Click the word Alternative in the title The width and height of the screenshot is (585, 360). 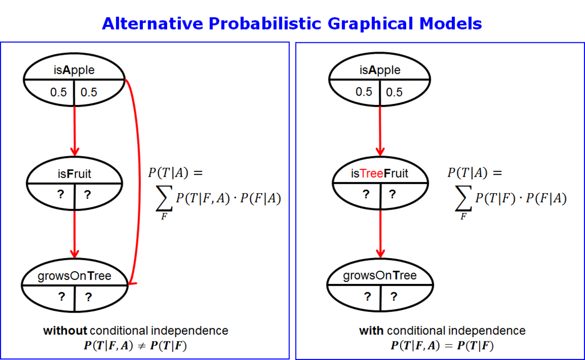coord(152,23)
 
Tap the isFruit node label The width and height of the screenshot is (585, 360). coord(75,174)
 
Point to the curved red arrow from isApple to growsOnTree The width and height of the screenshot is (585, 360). coord(139,180)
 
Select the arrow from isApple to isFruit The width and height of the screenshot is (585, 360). coord(75,131)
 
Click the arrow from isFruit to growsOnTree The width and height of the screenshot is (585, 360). coord(75,234)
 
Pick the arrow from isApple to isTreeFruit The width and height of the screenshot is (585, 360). coord(380,131)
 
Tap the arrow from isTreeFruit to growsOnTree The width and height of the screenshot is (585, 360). coord(380,234)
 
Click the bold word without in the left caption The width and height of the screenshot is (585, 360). coord(65,331)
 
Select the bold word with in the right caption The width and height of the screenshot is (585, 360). coord(371,331)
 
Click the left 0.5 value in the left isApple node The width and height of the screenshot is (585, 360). coord(58,92)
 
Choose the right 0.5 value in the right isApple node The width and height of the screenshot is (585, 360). coord(394,92)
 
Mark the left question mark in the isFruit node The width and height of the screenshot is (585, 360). coord(60,194)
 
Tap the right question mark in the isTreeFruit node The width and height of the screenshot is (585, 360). coord(392,194)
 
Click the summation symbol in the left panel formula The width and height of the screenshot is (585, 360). coord(164,198)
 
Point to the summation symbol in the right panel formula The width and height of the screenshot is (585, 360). coord(463,198)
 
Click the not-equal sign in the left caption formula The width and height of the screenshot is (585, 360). coord(141,346)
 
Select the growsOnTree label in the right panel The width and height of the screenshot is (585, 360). coord(380,276)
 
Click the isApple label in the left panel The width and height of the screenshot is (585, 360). coord(74,70)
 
